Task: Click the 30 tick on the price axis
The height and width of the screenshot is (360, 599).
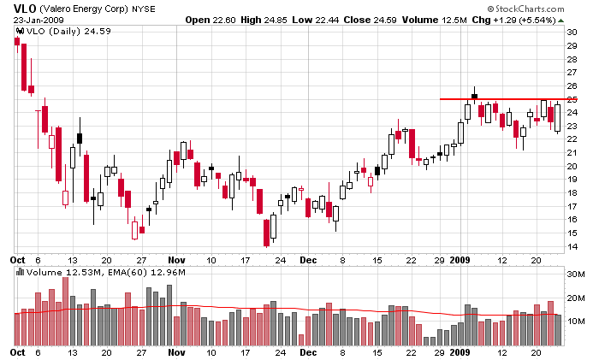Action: click(572, 32)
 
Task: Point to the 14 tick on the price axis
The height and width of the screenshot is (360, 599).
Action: click(572, 247)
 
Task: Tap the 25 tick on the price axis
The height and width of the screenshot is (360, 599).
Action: click(572, 99)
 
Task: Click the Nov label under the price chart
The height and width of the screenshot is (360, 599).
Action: click(176, 258)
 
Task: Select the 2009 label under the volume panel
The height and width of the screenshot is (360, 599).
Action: click(460, 351)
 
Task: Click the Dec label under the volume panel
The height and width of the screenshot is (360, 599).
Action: click(309, 351)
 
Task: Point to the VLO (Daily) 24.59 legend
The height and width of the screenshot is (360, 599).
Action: click(55, 32)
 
